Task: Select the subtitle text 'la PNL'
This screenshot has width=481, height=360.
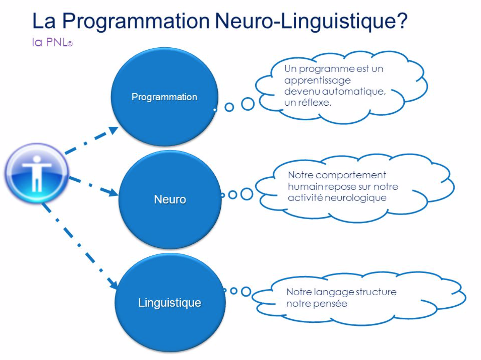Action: pyautogui.click(x=52, y=42)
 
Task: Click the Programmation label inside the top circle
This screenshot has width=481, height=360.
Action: pyautogui.click(x=164, y=97)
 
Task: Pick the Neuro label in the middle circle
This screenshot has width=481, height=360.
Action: pyautogui.click(x=170, y=200)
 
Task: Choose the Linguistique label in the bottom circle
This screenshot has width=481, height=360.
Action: pyautogui.click(x=170, y=303)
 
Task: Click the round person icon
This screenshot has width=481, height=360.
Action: pyautogui.click(x=37, y=173)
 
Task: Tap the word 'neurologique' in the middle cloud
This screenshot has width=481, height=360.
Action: pyautogui.click(x=356, y=198)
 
